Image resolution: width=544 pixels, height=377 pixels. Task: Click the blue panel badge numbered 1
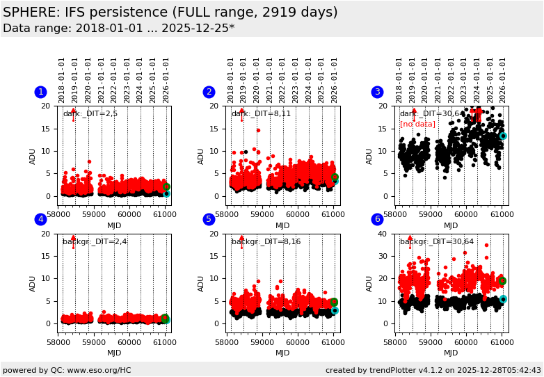pyautogui.click(x=40, y=92)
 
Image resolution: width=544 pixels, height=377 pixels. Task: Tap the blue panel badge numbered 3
pyautogui.click(x=377, y=92)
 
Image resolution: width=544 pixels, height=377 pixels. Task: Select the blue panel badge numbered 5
pyautogui.click(x=209, y=220)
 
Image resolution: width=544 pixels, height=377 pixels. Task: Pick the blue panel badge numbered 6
pyautogui.click(x=377, y=220)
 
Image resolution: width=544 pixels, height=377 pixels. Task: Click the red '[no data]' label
pyautogui.click(x=417, y=125)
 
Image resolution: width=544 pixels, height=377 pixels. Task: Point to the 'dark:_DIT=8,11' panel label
pyautogui.click(x=261, y=114)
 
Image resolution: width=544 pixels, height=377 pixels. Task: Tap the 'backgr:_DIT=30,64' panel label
pyautogui.click(x=436, y=242)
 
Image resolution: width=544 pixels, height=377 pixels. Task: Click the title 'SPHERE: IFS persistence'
pyautogui.click(x=170, y=13)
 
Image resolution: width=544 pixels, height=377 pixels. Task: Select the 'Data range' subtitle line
pyautogui.click(x=118, y=29)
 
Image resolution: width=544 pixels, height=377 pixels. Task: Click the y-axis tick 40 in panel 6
pyautogui.click(x=388, y=234)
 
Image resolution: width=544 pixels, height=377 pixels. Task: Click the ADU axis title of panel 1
pyautogui.click(x=33, y=156)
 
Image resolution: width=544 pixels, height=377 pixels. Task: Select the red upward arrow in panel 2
pyautogui.click(x=241, y=113)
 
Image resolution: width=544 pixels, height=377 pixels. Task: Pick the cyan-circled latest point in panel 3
pyautogui.click(x=503, y=136)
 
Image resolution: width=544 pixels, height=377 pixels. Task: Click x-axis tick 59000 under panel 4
pyautogui.click(x=93, y=342)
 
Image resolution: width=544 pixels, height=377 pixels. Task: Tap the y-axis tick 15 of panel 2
pyautogui.click(x=221, y=129)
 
